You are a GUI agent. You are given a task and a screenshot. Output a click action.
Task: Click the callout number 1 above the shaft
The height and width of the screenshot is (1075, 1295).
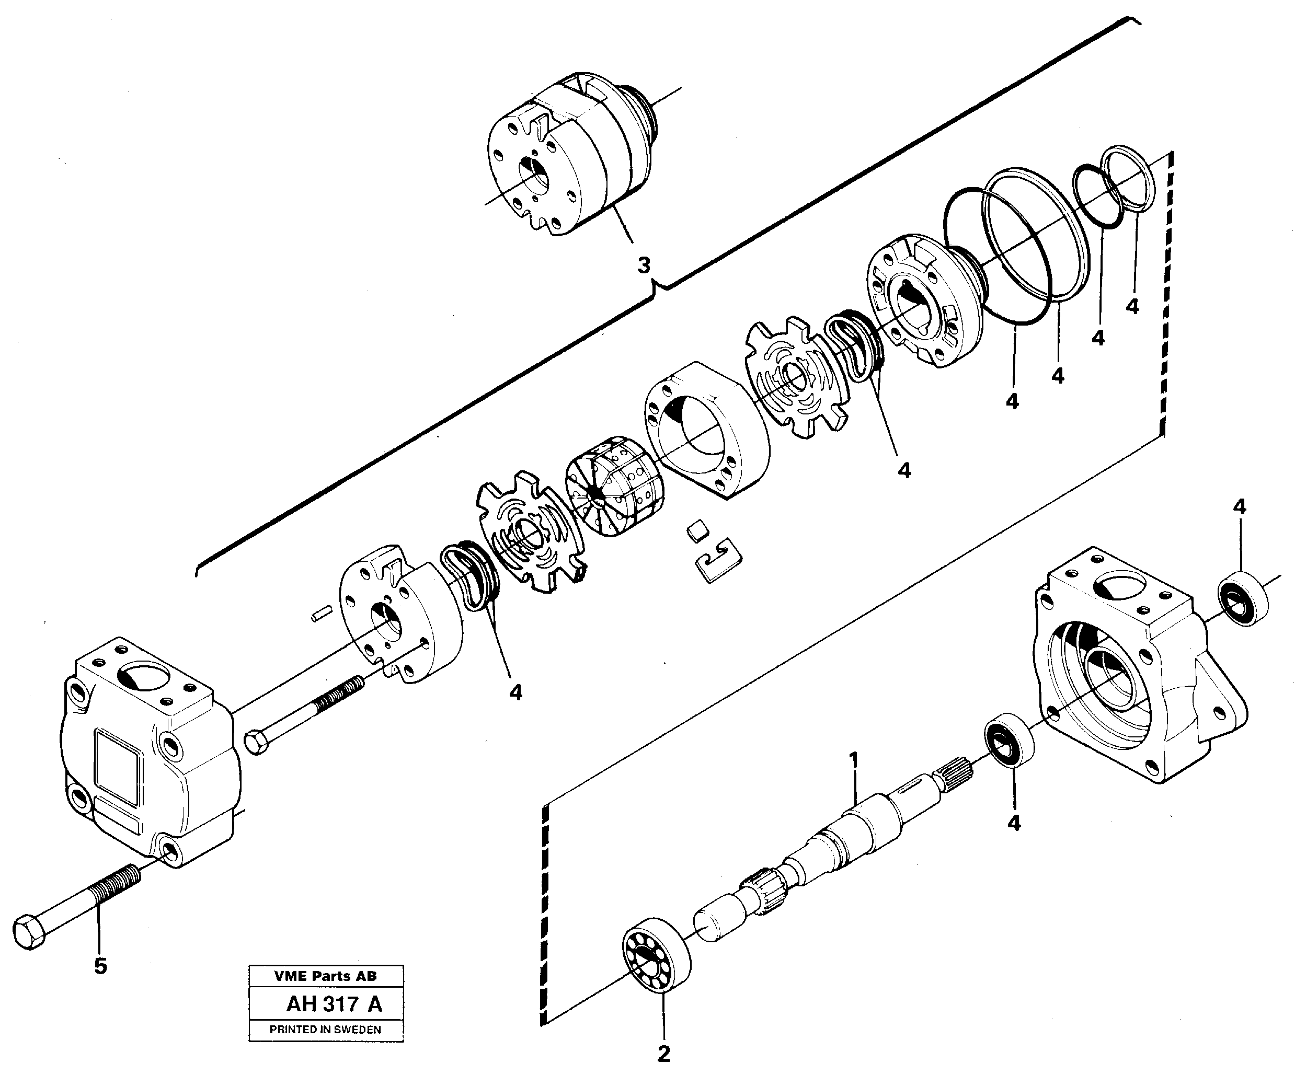click(x=854, y=760)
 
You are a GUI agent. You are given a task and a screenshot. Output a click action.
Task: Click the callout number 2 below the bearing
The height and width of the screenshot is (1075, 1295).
click(x=663, y=1054)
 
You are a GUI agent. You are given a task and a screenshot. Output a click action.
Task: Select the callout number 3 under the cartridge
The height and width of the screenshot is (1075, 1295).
click(x=644, y=265)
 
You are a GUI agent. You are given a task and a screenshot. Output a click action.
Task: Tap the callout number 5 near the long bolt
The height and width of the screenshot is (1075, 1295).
click(x=100, y=966)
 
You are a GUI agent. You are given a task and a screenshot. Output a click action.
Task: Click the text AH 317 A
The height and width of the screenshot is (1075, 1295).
click(x=334, y=1004)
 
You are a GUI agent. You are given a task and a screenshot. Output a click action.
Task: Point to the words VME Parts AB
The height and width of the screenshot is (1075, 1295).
click(x=325, y=976)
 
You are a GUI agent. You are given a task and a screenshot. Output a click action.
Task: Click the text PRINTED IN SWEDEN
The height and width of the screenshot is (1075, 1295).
click(x=325, y=1030)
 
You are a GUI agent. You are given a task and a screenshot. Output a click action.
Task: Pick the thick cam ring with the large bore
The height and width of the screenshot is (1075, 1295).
click(x=707, y=429)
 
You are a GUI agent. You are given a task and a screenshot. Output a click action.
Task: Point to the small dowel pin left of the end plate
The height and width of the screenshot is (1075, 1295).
click(x=322, y=614)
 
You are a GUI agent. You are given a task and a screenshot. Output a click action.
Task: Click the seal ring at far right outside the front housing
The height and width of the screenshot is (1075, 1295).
click(x=1244, y=598)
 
